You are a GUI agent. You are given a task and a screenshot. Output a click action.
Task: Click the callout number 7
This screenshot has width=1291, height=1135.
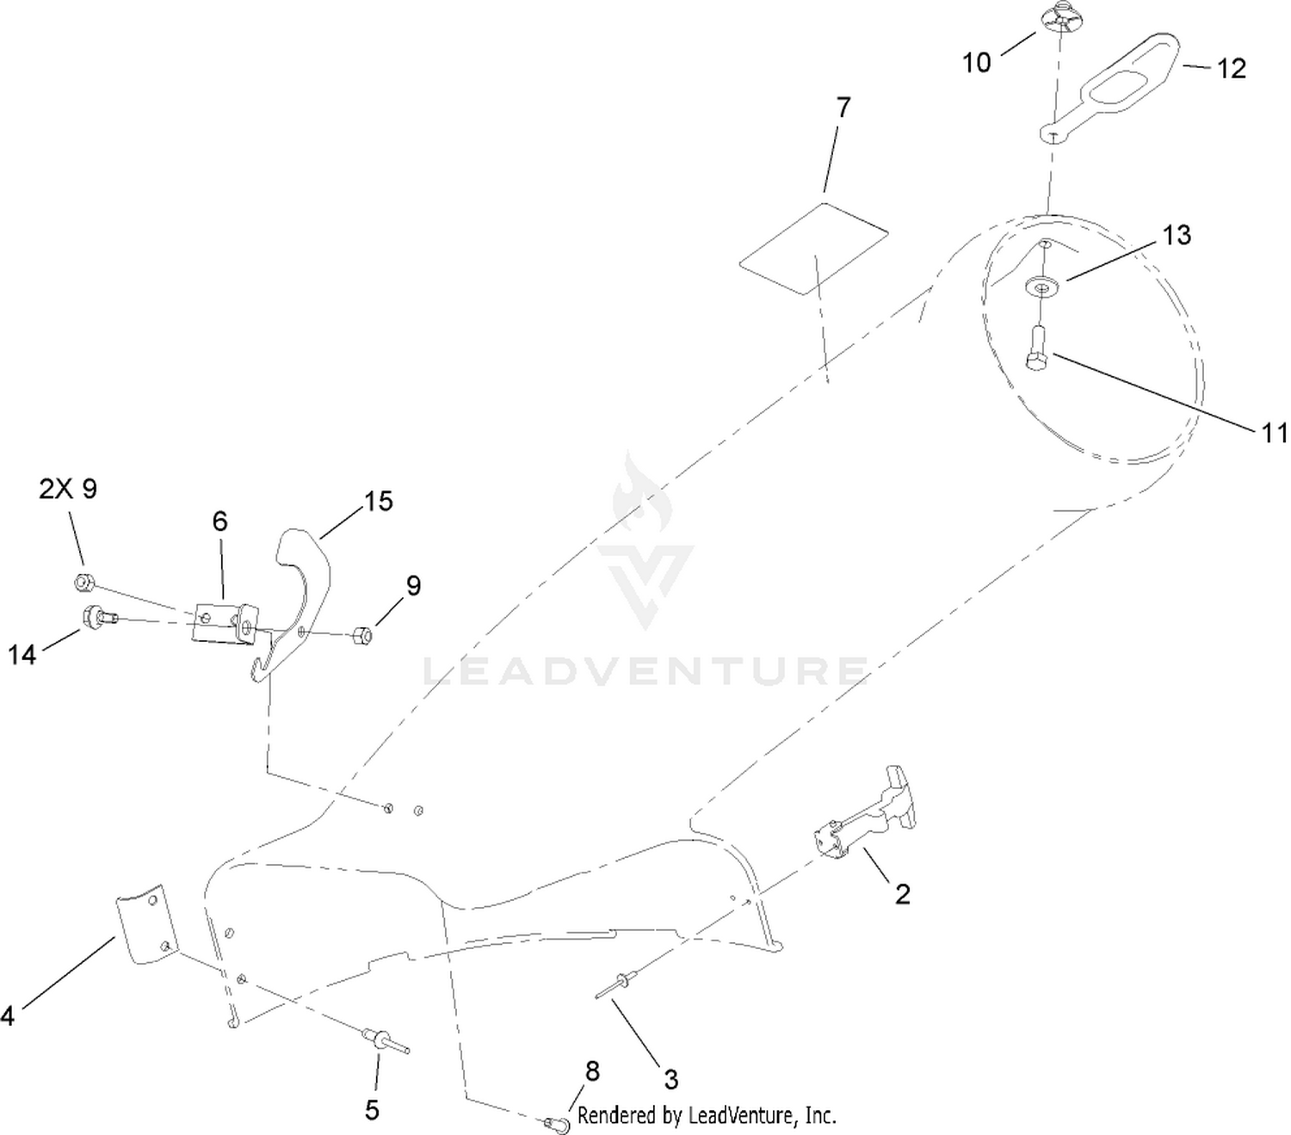(x=843, y=108)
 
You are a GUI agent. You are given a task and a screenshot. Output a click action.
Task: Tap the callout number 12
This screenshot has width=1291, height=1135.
(x=1232, y=69)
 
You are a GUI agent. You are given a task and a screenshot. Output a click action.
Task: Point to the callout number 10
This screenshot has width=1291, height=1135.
(x=976, y=63)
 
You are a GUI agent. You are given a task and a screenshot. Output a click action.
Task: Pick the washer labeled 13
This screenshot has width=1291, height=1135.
(x=1042, y=285)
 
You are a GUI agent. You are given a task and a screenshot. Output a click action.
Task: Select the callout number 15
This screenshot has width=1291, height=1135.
(x=379, y=501)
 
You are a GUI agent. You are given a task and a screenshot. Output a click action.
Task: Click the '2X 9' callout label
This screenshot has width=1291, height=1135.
(x=68, y=489)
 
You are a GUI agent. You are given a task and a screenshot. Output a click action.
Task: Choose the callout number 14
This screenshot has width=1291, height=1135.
(x=22, y=655)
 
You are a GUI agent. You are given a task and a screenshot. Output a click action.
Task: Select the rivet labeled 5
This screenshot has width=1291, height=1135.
(x=385, y=1039)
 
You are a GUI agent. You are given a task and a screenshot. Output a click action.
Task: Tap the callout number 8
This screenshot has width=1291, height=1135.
(x=592, y=1071)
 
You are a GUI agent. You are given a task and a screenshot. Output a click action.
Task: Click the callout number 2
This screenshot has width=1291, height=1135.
(x=902, y=894)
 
